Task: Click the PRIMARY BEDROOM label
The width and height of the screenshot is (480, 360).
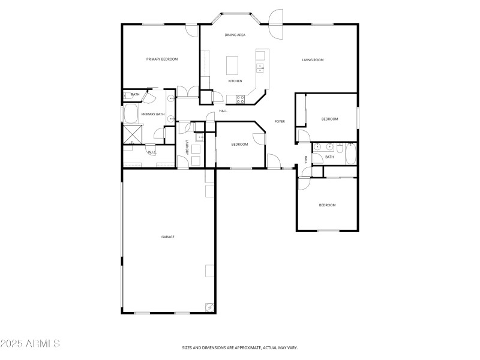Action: (162, 59)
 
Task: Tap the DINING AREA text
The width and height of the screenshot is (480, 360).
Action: (235, 35)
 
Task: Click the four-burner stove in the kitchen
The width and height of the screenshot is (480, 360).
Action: (239, 98)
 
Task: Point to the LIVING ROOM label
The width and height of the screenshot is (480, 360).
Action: (313, 59)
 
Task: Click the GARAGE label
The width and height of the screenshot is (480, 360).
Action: (167, 237)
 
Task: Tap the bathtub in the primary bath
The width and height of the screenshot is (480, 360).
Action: (130, 114)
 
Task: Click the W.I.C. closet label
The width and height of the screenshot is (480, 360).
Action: (151, 152)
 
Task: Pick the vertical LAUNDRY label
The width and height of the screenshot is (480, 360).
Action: (187, 148)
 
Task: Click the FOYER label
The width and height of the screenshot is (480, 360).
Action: (280, 122)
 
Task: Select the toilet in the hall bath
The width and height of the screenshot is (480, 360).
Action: (339, 145)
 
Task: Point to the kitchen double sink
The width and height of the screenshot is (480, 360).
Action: (260, 67)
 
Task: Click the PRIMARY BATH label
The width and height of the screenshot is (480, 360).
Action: (153, 114)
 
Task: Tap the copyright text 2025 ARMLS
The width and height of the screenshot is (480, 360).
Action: (30, 344)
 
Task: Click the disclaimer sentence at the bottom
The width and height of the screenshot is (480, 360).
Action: (240, 347)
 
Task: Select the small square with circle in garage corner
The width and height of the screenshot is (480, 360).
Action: (209, 307)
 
